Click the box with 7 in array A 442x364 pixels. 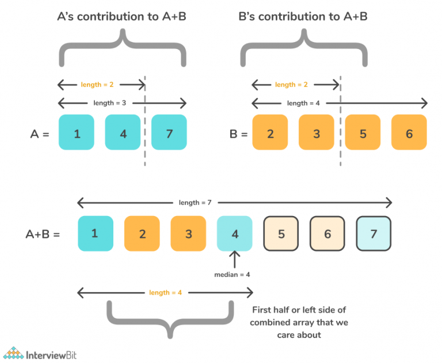click(x=169, y=133)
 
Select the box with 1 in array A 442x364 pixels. click(x=77, y=133)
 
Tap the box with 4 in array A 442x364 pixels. click(x=123, y=133)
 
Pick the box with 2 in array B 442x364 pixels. click(x=270, y=133)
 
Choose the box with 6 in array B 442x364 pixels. click(x=409, y=133)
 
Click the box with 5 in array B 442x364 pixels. click(x=363, y=133)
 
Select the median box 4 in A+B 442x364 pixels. click(x=235, y=234)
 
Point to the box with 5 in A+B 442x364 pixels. click(x=281, y=234)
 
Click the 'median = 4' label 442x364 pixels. click(x=232, y=274)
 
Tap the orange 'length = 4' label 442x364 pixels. click(x=166, y=293)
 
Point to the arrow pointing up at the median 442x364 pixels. click(x=234, y=259)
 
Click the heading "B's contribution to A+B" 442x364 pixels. click(x=303, y=17)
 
